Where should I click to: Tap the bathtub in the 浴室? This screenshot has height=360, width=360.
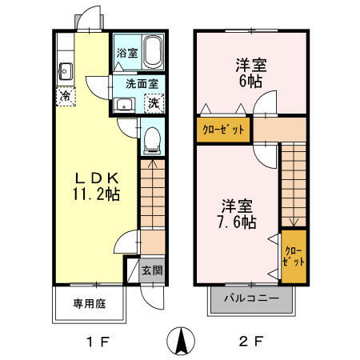(x=152, y=54)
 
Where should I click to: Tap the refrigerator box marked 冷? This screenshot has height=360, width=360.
(x=64, y=96)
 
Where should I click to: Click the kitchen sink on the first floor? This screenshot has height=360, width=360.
(x=65, y=70)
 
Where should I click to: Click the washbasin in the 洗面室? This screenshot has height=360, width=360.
(x=123, y=104)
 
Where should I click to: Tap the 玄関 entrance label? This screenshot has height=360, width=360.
(x=152, y=270)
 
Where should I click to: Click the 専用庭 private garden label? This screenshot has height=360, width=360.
(x=90, y=303)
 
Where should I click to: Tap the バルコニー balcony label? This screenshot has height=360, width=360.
(x=251, y=298)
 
